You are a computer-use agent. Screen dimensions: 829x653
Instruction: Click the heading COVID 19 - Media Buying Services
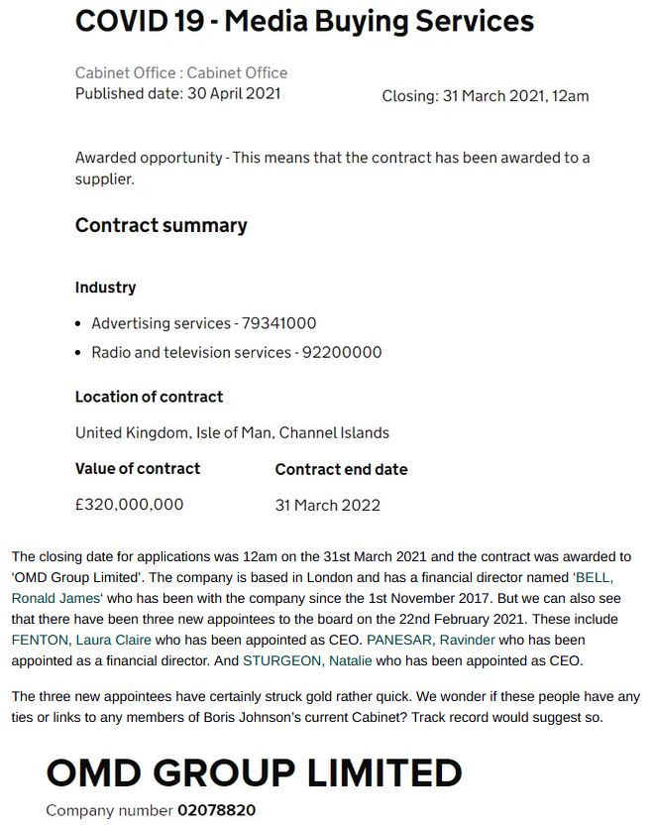click(304, 22)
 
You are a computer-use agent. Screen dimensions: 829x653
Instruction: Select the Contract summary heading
click(161, 226)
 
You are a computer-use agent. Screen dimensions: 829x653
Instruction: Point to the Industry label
click(105, 288)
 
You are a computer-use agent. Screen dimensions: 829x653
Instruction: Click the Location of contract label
click(149, 397)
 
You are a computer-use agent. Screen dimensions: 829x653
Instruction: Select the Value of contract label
click(138, 468)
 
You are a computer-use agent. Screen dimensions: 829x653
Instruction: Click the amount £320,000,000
click(129, 504)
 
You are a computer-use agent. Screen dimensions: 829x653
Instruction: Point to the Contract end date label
click(341, 469)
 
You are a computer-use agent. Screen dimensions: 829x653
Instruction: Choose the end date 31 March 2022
click(327, 505)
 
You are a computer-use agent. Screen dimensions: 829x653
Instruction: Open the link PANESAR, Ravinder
click(431, 640)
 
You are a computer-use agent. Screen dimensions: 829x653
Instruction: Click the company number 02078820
click(216, 810)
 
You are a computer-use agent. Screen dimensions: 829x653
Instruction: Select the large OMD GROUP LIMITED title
click(254, 772)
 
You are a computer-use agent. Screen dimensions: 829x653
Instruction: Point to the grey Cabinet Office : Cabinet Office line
click(181, 73)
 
